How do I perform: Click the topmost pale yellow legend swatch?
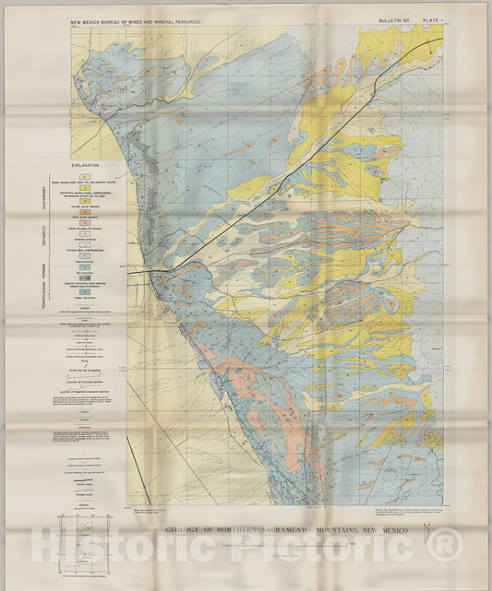[x=85, y=176]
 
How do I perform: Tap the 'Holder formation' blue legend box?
[x=85, y=297]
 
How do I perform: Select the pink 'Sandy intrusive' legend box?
[x=85, y=225]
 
